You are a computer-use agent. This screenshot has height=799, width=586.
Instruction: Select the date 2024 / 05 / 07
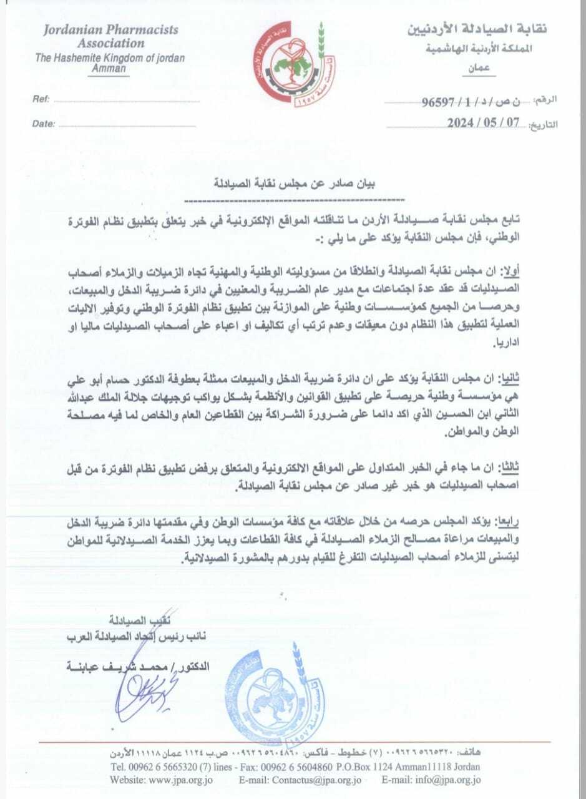484,123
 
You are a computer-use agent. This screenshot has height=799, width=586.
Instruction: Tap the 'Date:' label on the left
44,124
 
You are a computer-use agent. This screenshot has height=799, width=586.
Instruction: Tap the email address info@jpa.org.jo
446,780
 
